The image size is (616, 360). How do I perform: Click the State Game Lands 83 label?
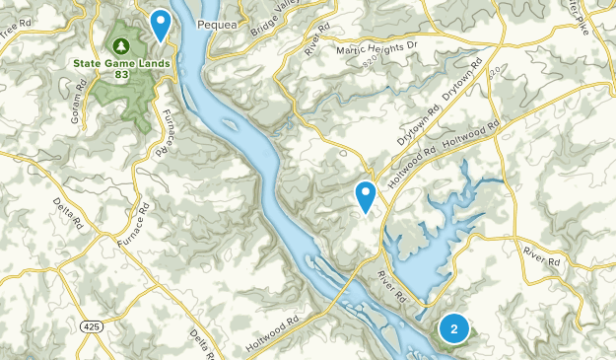(122, 68)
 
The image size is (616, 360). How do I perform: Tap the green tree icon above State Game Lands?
(122, 45)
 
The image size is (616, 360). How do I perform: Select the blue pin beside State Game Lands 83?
(160, 24)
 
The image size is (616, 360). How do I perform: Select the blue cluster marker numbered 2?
(453, 328)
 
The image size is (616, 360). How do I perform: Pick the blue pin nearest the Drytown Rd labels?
(367, 196)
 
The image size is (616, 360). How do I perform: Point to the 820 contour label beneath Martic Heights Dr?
(371, 59)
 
